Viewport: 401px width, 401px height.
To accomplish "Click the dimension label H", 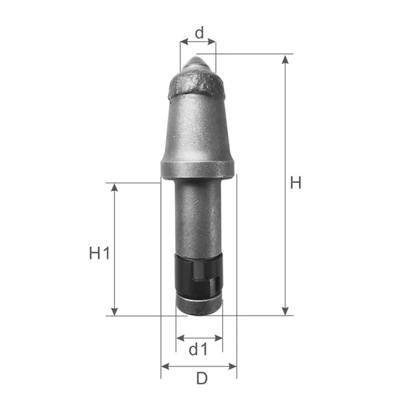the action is pos(296,182).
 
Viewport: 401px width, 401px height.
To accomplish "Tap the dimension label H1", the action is pos(99,253).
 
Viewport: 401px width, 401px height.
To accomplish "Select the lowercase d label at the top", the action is pos(199,32).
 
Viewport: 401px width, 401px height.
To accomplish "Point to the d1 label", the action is pos(198,349).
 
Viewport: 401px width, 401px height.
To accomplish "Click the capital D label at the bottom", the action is pos(202,378).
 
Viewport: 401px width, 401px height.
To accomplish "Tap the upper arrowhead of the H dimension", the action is pos(285,59).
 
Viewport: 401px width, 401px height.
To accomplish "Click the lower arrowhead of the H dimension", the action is pos(285,311).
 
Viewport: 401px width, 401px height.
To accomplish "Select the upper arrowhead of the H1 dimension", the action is pos(115,187).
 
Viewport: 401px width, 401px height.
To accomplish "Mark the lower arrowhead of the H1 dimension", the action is pos(115,311).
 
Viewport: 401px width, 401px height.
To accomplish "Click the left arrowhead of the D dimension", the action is pos(165,366).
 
